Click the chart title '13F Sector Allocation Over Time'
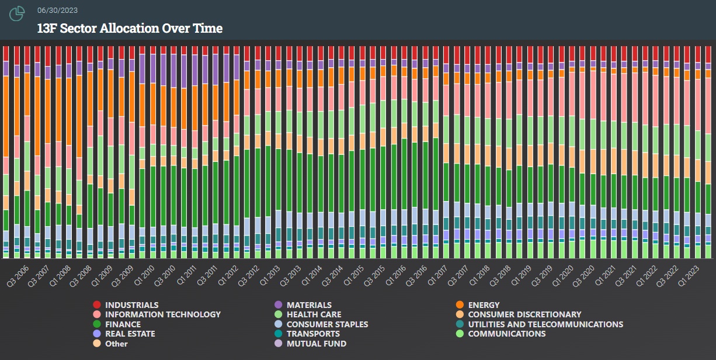[x=130, y=28]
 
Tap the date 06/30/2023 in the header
[x=57, y=11]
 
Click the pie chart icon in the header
[x=17, y=13]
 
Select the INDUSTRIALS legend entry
[x=131, y=305]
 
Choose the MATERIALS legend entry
[x=309, y=305]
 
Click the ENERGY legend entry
[x=484, y=305]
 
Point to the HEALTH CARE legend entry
[x=314, y=314]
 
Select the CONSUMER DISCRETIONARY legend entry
[x=524, y=314]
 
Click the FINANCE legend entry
[x=123, y=324]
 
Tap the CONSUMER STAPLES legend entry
[x=327, y=324]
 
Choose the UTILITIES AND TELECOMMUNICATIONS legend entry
[x=545, y=324]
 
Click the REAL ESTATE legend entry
[x=130, y=334]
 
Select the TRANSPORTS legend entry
[x=313, y=334]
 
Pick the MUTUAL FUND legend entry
[x=317, y=344]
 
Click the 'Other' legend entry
[x=116, y=344]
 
